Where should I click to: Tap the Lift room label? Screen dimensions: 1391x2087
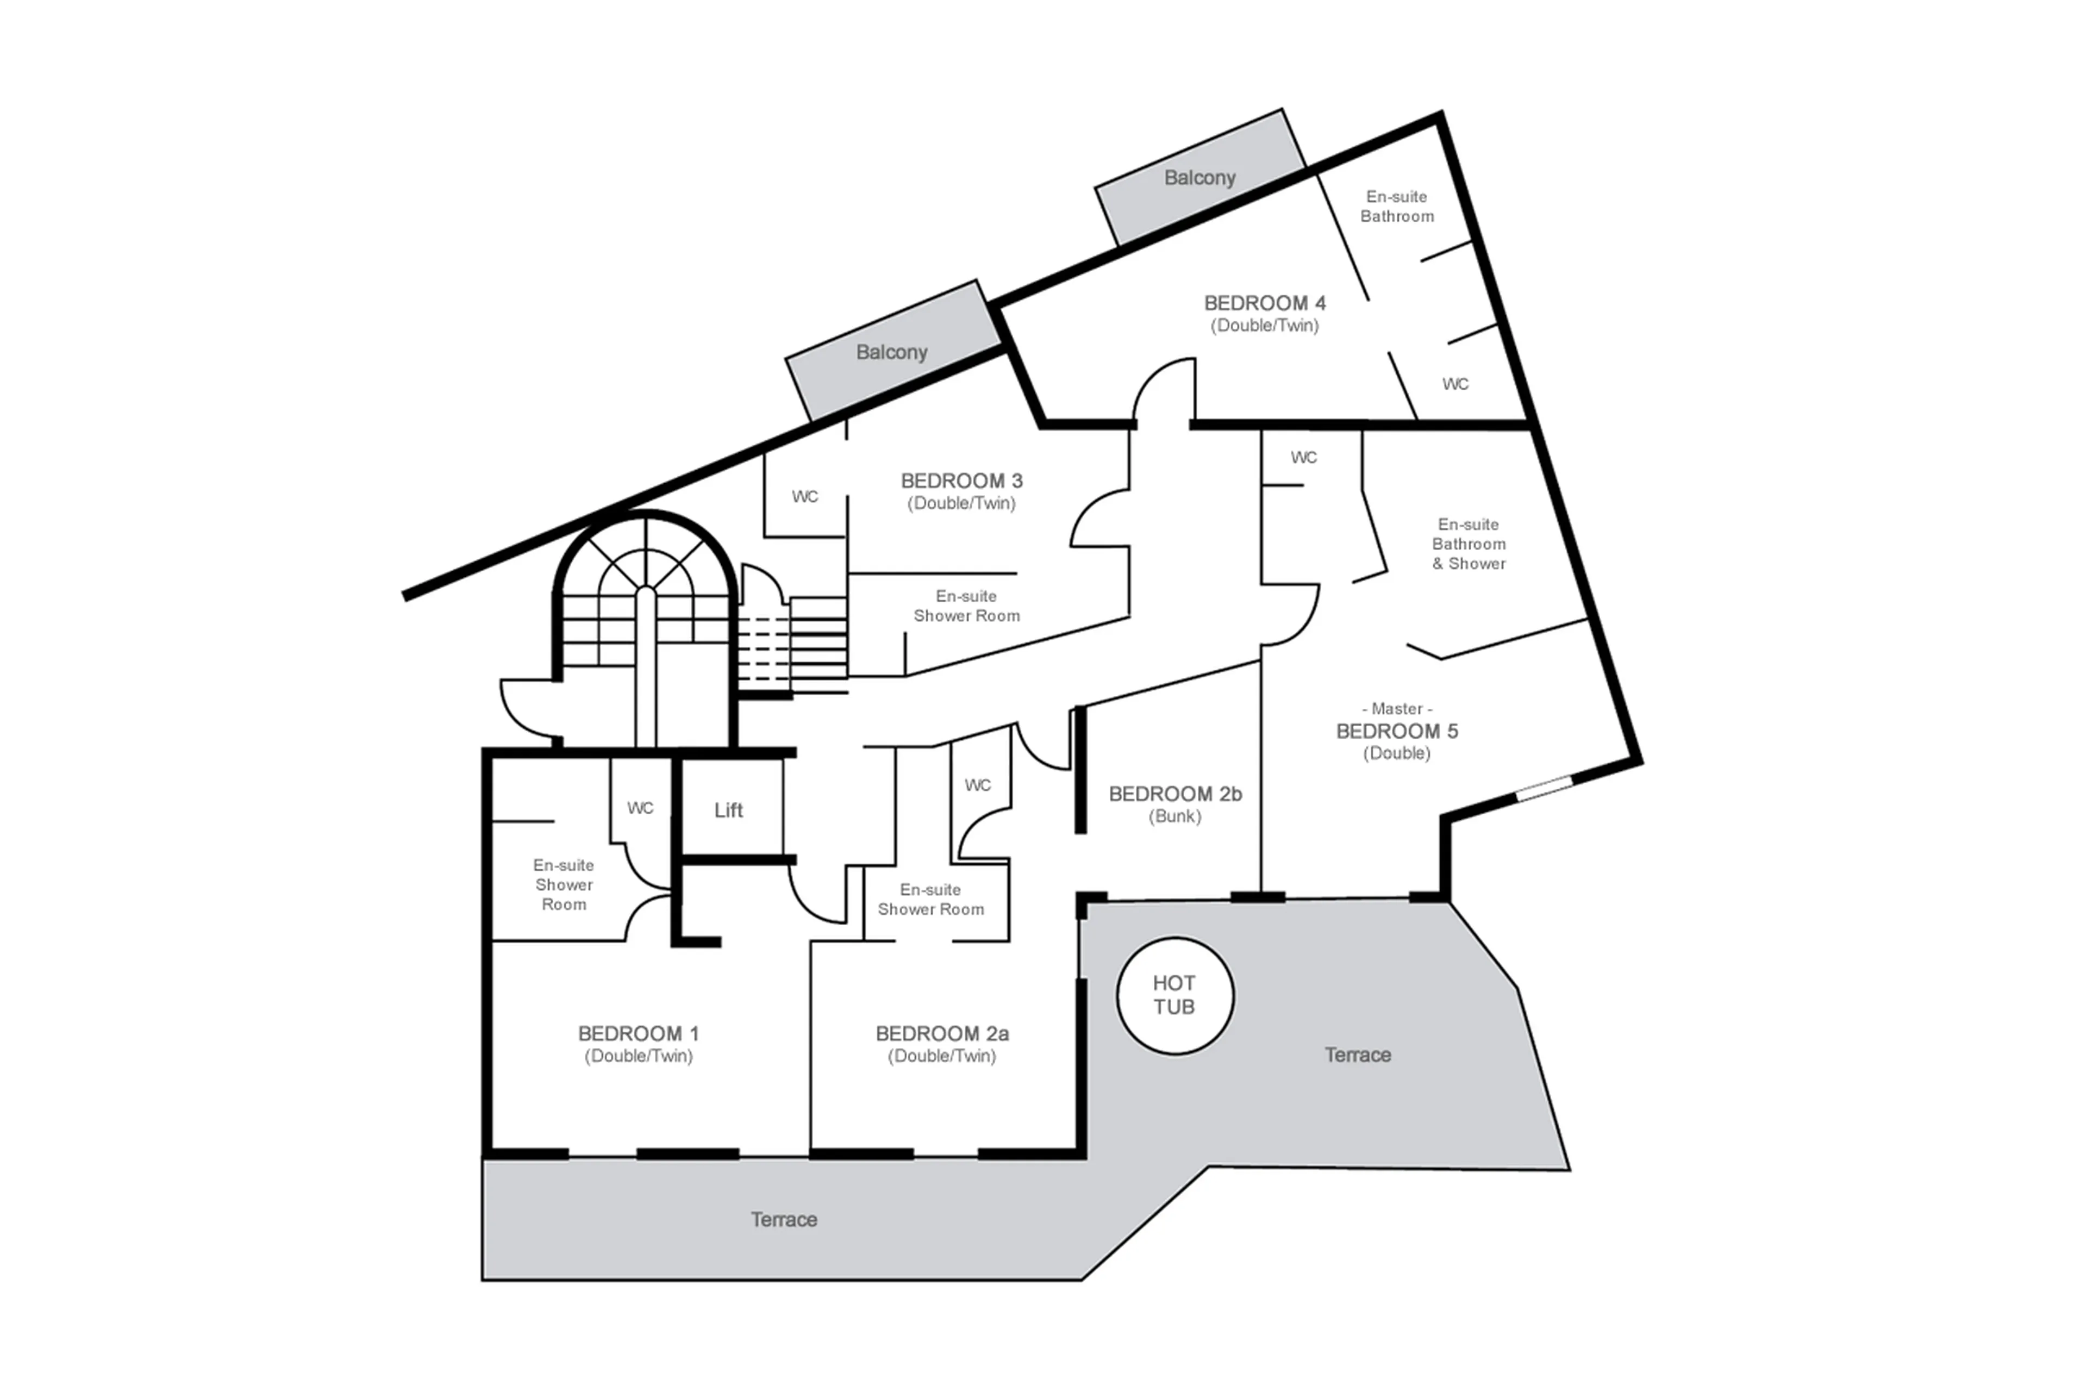click(728, 810)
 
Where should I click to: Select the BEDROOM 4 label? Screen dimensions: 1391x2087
click(1264, 303)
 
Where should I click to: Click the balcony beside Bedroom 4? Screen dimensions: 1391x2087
click(1199, 177)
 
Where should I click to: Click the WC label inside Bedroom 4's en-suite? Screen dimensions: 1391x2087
click(1454, 384)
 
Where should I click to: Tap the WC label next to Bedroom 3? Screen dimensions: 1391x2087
click(804, 497)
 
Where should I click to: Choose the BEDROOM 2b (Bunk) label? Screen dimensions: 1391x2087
click(1174, 795)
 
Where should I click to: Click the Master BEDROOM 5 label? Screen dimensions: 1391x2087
click(1396, 731)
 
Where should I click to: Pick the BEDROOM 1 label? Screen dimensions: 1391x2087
click(638, 1033)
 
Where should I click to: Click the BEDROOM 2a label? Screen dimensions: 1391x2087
click(941, 1033)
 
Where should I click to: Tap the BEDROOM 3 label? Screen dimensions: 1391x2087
click(961, 481)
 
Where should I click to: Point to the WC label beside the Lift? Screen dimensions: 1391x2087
click(640, 808)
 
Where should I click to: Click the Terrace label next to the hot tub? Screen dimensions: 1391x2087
click(1357, 1055)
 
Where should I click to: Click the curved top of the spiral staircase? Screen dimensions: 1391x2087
click(645, 532)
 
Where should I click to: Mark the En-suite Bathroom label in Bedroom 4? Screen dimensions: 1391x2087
click(1396, 206)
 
